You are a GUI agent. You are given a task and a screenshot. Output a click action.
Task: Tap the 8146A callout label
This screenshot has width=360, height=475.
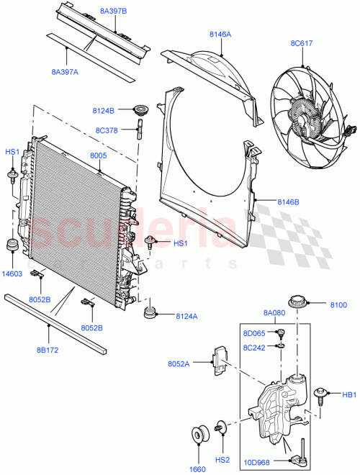[220, 34]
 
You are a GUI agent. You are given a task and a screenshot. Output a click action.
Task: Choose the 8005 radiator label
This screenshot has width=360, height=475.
[99, 155]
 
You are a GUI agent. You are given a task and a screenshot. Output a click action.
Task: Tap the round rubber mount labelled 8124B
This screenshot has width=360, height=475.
[141, 112]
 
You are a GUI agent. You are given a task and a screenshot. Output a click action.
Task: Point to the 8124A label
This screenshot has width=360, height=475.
[186, 315]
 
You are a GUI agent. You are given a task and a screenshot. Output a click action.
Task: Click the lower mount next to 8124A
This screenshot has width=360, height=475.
[150, 312]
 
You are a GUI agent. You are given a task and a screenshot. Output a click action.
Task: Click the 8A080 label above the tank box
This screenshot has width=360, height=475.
[274, 313]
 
